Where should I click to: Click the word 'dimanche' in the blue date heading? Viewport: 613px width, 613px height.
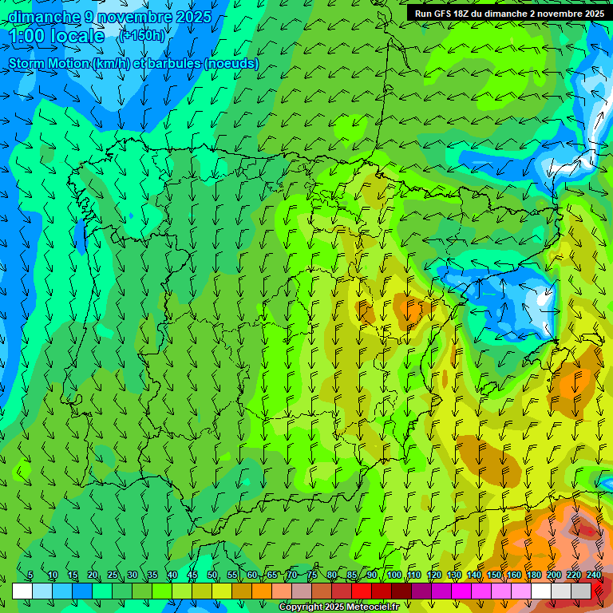(x=44, y=17)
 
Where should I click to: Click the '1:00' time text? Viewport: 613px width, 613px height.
(x=27, y=37)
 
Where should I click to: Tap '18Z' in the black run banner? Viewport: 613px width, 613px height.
(x=468, y=14)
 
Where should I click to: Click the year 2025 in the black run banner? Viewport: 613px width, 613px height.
(x=591, y=14)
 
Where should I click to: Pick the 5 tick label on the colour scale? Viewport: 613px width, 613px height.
(x=30, y=575)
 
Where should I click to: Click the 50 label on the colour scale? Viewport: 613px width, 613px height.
(x=212, y=575)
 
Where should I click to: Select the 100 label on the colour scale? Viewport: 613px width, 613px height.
(x=394, y=575)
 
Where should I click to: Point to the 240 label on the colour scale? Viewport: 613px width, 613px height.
(x=594, y=575)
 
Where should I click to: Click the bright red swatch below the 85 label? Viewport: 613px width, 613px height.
(x=362, y=591)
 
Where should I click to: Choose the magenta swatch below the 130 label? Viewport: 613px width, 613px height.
(x=461, y=591)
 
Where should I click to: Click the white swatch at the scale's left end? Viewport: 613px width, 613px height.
(x=22, y=591)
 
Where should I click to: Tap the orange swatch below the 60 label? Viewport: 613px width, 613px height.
(x=262, y=591)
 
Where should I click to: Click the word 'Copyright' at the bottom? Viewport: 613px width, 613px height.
(x=301, y=607)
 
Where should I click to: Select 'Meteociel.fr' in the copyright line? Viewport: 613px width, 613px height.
(x=372, y=607)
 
